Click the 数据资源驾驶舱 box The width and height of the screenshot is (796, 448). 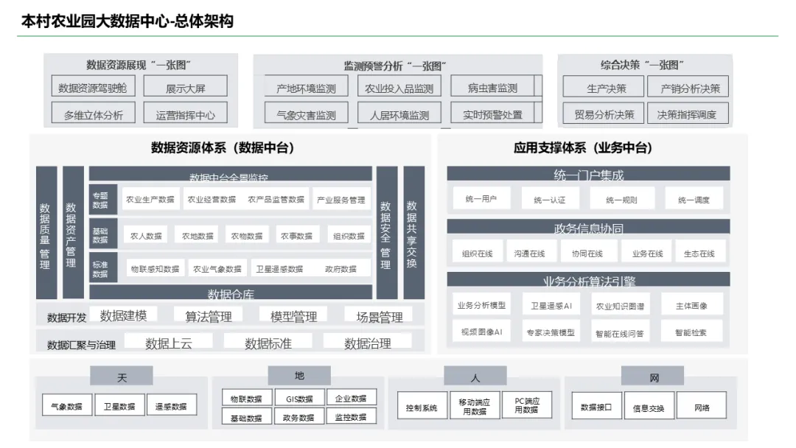pyautogui.click(x=92, y=88)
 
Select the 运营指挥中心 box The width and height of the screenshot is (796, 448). pyautogui.click(x=185, y=114)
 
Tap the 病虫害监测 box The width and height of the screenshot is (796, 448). pyautogui.click(x=492, y=88)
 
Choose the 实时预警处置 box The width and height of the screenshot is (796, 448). pyautogui.click(x=492, y=114)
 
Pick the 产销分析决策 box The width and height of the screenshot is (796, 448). pyautogui.click(x=690, y=88)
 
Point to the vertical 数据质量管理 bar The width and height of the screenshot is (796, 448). pyautogui.click(x=46, y=232)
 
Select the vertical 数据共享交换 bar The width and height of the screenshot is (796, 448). pyautogui.click(x=413, y=232)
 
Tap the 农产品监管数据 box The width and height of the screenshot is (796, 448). pyautogui.click(x=276, y=199)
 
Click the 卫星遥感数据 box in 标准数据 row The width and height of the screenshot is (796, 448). pyautogui.click(x=279, y=269)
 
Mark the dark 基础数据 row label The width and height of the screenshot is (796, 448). pyautogui.click(x=100, y=234)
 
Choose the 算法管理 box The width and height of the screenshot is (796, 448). pyautogui.click(x=209, y=316)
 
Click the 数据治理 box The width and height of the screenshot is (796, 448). pyautogui.click(x=367, y=343)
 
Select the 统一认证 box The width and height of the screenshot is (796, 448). pyautogui.click(x=549, y=199)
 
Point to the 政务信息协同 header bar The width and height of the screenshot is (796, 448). pyautogui.click(x=588, y=228)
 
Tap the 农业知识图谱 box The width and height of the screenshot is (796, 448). pyautogui.click(x=619, y=305)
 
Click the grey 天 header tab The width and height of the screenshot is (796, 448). pyautogui.click(x=122, y=377)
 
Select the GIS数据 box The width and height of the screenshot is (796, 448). pyautogui.click(x=298, y=399)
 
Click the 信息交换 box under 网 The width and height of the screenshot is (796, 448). pyautogui.click(x=648, y=407)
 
